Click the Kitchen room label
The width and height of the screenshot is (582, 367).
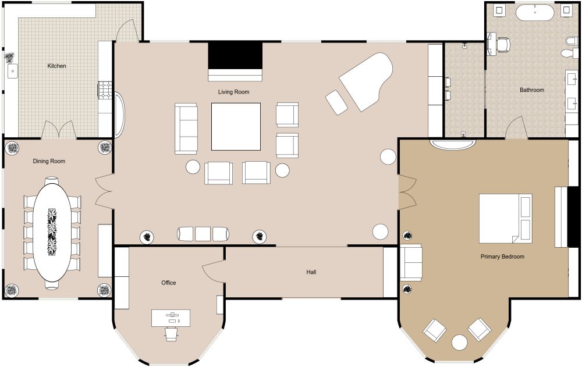click(x=56, y=66)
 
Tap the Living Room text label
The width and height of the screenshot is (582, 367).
click(x=233, y=92)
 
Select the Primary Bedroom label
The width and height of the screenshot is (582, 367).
click(x=502, y=256)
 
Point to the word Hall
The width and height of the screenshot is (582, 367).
click(x=311, y=272)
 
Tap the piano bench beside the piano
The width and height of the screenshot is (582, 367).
click(x=336, y=102)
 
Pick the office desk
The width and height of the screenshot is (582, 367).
click(x=171, y=318)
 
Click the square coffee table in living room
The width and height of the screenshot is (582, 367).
click(x=236, y=126)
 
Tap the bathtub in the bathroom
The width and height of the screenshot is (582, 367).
click(x=533, y=12)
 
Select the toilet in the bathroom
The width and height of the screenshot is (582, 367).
click(x=569, y=46)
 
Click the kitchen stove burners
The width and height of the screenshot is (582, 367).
click(x=105, y=89)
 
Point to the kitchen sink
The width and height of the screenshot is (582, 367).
click(x=12, y=71)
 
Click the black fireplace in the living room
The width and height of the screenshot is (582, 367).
click(x=235, y=56)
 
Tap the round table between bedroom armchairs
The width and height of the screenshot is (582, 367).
click(x=460, y=342)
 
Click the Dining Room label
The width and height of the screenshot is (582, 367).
click(x=49, y=161)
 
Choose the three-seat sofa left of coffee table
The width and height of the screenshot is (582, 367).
click(x=186, y=128)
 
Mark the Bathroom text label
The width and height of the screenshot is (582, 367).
click(x=532, y=90)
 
